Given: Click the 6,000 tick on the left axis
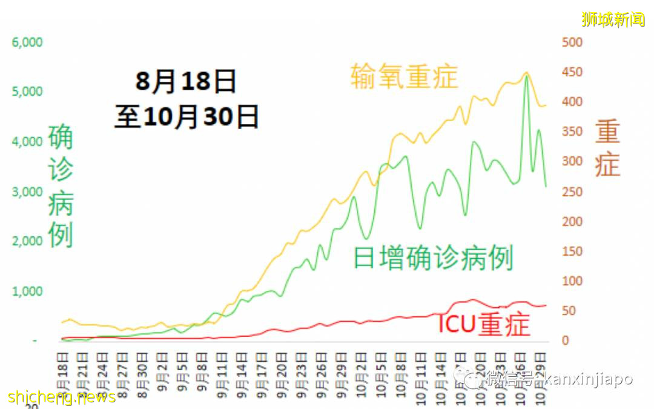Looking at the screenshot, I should tap(27, 42).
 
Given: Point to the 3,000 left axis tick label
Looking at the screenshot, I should tap(27, 192).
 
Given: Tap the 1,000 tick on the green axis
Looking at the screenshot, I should tap(27, 291).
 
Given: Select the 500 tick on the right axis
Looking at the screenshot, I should tap(572, 42).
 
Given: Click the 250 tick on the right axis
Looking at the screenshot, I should tap(572, 192).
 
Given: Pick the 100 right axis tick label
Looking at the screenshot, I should tap(572, 281).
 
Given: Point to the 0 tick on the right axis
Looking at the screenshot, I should tap(566, 341).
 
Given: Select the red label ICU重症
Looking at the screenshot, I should tap(483, 325).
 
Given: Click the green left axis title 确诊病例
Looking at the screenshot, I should tap(61, 185).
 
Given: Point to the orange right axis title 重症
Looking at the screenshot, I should tap(607, 148).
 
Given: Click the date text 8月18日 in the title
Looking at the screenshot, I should tap(185, 81).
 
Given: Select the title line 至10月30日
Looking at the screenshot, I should tap(187, 116).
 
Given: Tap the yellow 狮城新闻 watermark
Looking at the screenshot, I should tap(613, 19).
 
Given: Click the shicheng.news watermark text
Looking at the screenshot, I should tap(62, 397).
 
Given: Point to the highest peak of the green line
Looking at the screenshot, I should tap(526, 77).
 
